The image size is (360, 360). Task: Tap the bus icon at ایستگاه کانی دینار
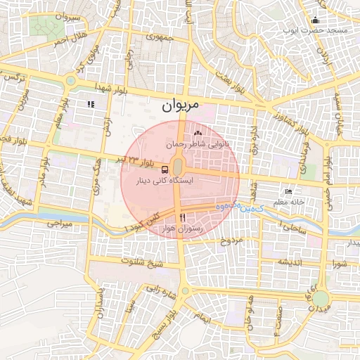pos(165,169)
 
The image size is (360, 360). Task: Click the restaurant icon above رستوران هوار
pos(182,217)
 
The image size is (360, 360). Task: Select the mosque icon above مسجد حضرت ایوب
pos(315,20)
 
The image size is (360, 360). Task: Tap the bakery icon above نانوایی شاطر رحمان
pos(198,133)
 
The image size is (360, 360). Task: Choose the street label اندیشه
pos(292,262)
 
